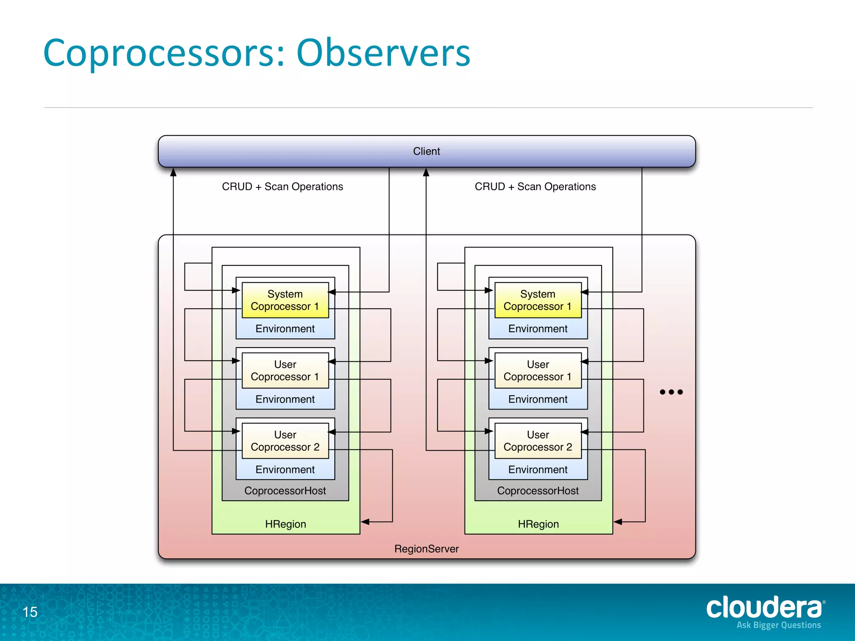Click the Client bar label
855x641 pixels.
tap(426, 151)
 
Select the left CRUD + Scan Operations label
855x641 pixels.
tap(282, 187)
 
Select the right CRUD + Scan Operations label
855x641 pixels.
tap(535, 187)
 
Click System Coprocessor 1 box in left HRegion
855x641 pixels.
tap(285, 300)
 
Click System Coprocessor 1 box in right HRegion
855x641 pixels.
tap(538, 300)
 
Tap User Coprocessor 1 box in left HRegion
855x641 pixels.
tap(285, 371)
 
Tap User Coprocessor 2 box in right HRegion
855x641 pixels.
tap(538, 441)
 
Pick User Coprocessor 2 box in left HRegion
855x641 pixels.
tap(285, 441)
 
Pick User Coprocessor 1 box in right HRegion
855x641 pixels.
tap(538, 371)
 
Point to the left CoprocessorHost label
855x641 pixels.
tap(285, 491)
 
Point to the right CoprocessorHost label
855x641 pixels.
tap(538, 491)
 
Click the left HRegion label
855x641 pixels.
tap(286, 524)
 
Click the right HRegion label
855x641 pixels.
tap(538, 524)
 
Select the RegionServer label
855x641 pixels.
tap(426, 549)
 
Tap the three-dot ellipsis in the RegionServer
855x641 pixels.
tap(671, 392)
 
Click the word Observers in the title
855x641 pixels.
tap(383, 53)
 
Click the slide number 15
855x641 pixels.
tap(30, 612)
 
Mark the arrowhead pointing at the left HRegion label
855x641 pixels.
tap(365, 522)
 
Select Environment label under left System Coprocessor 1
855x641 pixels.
tap(285, 329)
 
